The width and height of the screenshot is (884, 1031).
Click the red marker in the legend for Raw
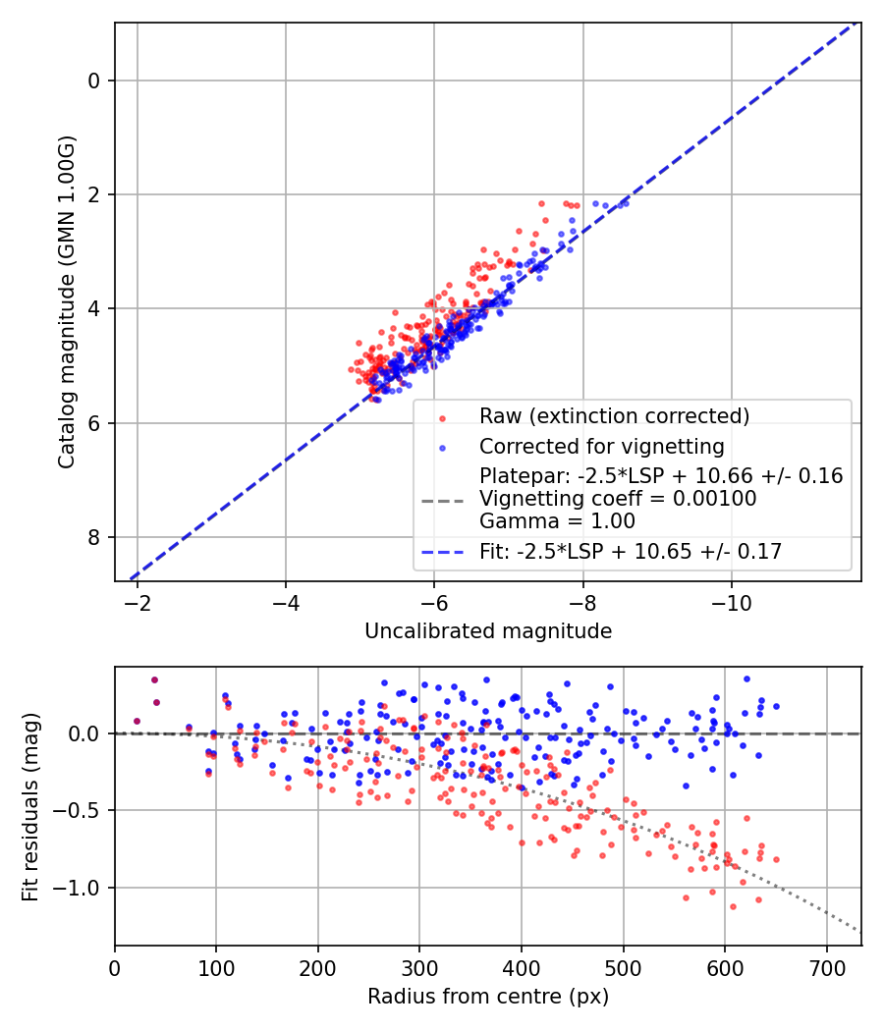(x=440, y=416)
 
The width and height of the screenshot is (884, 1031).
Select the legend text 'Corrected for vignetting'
(x=601, y=447)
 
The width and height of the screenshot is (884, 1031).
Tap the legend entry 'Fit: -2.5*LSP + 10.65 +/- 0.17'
(x=631, y=552)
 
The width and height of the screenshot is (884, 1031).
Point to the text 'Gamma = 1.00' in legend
(x=557, y=520)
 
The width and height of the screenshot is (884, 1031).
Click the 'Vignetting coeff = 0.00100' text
(x=618, y=499)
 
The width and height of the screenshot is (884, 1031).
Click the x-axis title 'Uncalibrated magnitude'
(x=488, y=631)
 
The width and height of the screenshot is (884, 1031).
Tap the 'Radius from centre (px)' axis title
(x=488, y=997)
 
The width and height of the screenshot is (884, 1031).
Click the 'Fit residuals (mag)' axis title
(x=30, y=807)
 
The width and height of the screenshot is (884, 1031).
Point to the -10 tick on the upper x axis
(x=731, y=601)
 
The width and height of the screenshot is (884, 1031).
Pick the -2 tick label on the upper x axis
(x=138, y=601)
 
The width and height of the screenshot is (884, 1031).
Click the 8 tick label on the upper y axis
(x=94, y=537)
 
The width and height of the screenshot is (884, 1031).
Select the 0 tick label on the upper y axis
(x=94, y=81)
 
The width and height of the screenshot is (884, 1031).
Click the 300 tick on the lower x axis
(x=419, y=965)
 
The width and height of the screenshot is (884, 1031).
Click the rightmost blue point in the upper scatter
(x=626, y=202)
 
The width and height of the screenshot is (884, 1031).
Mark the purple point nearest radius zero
(x=137, y=721)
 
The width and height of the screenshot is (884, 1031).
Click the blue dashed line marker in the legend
(x=440, y=552)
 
